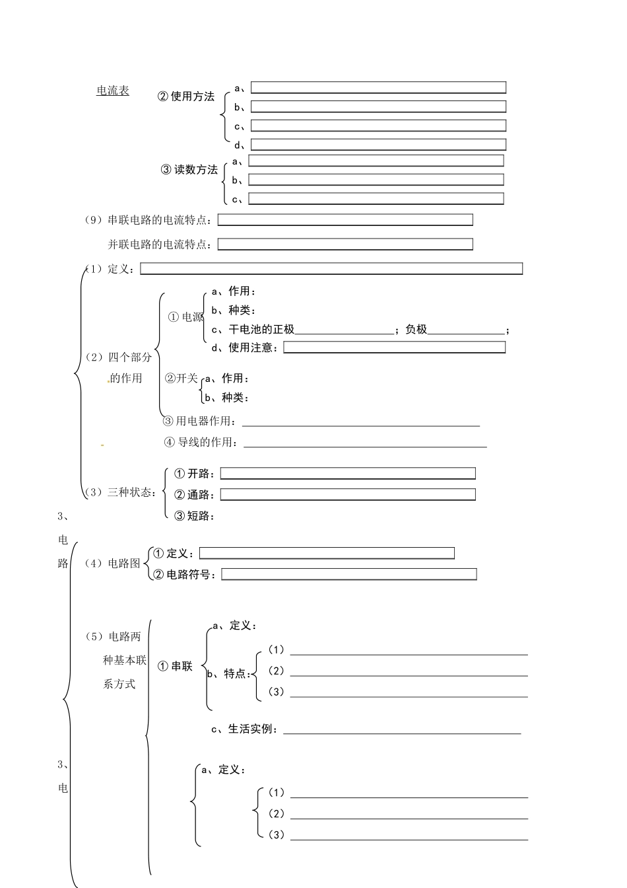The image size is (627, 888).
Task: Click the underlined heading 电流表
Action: [113, 91]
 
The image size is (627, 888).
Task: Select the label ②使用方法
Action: [186, 96]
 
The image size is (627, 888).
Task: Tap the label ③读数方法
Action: [189, 170]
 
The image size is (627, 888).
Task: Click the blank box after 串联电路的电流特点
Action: [345, 220]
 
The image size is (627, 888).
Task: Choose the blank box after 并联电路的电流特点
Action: [345, 244]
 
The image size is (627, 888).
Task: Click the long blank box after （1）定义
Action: [331, 269]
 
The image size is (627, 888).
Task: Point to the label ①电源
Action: [186, 317]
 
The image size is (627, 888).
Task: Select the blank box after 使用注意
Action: [394, 348]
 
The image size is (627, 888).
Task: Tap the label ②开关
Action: [181, 379]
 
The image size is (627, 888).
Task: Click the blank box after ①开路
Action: [348, 474]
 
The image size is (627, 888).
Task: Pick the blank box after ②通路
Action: [348, 495]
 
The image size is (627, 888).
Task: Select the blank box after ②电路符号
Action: [348, 575]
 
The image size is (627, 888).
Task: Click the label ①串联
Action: [176, 667]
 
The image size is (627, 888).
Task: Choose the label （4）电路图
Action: [112, 564]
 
